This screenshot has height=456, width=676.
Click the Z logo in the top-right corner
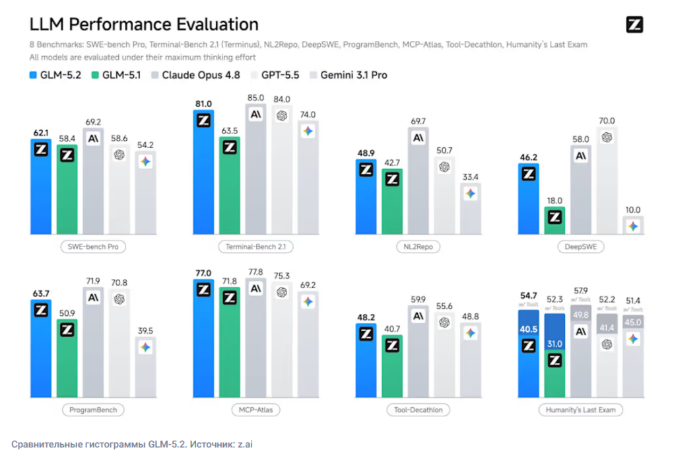[634, 24]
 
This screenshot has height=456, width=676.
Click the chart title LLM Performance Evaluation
[144, 24]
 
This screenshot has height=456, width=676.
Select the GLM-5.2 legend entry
[55, 75]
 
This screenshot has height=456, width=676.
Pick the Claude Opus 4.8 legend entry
[195, 75]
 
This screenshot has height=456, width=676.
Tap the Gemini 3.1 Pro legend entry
[349, 75]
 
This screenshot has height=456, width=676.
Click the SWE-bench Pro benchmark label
[93, 247]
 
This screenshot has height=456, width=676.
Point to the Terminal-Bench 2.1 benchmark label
[255, 247]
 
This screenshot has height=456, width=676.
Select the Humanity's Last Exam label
[581, 410]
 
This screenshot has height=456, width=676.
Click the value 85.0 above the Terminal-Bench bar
[255, 98]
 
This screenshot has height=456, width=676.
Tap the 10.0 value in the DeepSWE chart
[633, 210]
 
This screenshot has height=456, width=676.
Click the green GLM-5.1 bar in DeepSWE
[555, 221]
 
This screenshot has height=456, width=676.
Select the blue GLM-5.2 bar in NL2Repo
[366, 197]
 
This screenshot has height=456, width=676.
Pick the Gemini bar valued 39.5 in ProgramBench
[145, 367]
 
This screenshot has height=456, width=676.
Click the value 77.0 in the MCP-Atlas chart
[203, 274]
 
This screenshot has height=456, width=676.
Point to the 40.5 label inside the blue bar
[529, 330]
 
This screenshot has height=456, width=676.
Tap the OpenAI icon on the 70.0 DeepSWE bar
[607, 137]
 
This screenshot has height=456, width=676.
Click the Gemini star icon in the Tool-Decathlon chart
[470, 333]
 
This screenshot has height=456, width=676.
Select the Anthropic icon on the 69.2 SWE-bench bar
[93, 139]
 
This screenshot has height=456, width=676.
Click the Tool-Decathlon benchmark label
[418, 410]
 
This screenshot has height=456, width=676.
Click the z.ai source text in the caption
[246, 444]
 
